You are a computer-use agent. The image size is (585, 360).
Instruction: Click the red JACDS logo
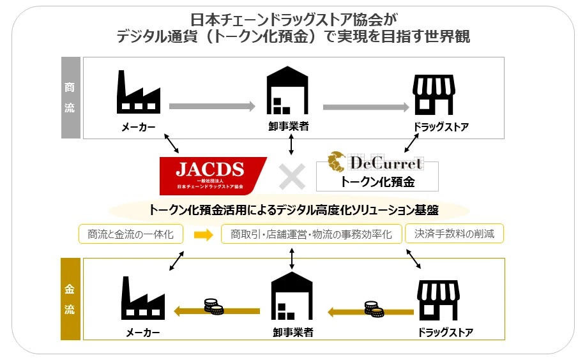(x=212, y=175)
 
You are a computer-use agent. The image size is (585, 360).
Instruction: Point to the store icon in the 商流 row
(x=434, y=94)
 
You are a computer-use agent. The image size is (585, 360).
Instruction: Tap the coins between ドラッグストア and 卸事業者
(x=374, y=308)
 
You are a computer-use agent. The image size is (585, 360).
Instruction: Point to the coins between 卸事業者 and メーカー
(x=214, y=306)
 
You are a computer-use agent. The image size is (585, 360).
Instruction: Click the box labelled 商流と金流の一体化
(x=130, y=234)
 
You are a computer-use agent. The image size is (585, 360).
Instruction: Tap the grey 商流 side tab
(x=70, y=98)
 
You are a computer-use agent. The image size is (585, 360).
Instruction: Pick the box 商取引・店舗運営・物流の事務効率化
(x=311, y=234)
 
